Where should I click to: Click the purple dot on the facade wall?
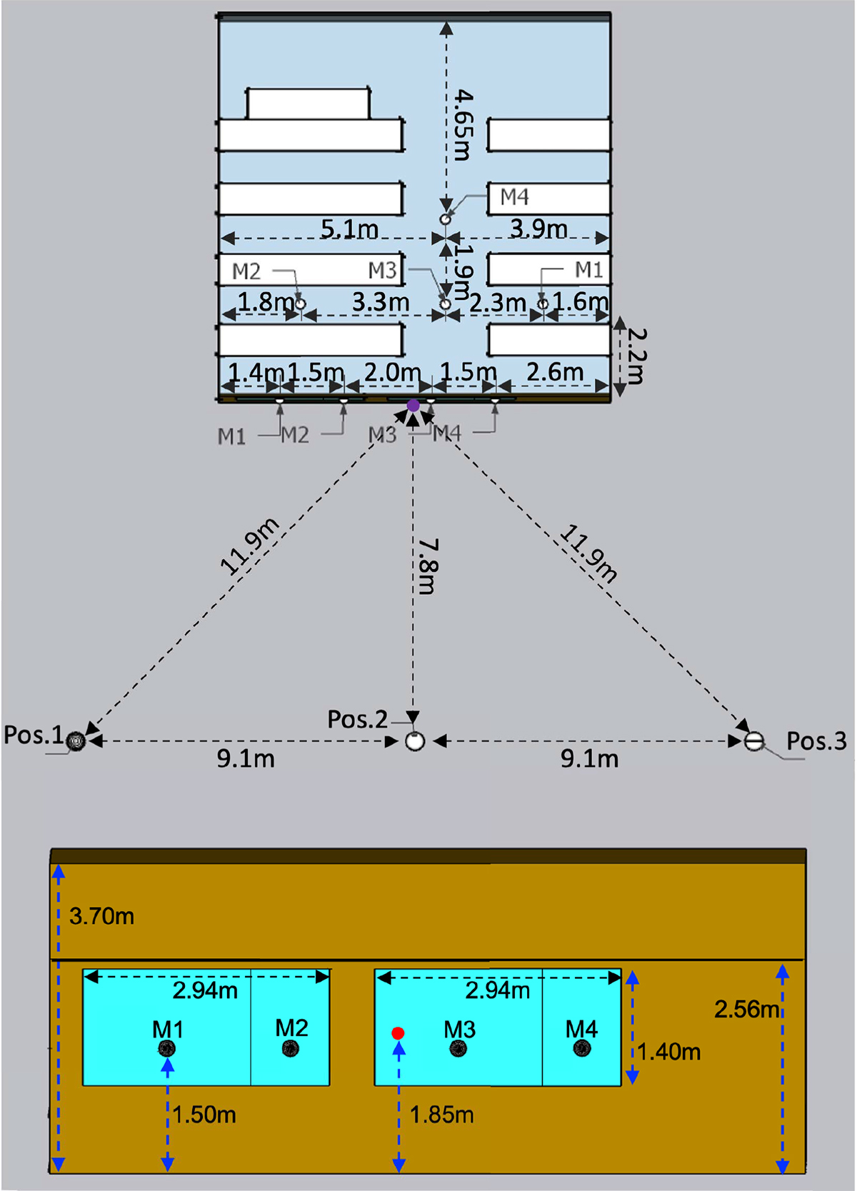(413, 406)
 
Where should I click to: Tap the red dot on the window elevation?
(398, 1032)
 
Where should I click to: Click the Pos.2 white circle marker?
(415, 740)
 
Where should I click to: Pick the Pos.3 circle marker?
(753, 740)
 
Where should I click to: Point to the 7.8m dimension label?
(427, 566)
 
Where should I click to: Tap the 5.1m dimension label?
(349, 229)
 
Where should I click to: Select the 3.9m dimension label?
(538, 228)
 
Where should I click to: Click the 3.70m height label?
(101, 916)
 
